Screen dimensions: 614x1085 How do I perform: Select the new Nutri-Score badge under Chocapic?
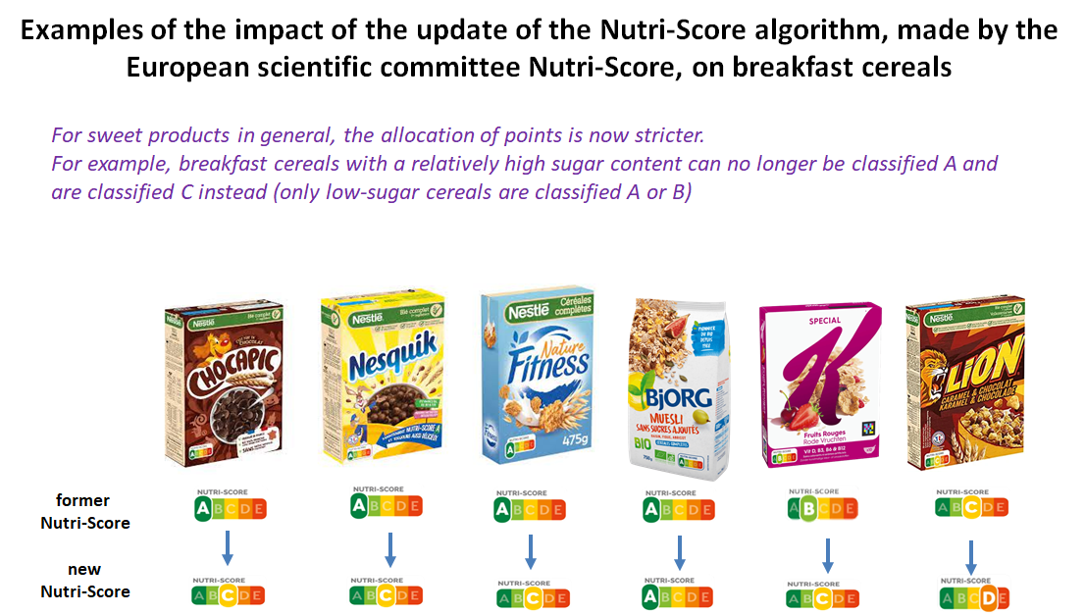tap(229, 593)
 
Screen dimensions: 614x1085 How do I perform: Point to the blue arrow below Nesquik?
tap(389, 549)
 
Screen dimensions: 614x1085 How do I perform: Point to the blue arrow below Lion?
tap(971, 557)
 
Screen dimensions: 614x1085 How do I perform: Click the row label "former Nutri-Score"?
tap(84, 513)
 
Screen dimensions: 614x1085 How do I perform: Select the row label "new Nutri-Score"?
tap(84, 581)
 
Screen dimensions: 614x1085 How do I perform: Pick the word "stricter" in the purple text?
tap(667, 134)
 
